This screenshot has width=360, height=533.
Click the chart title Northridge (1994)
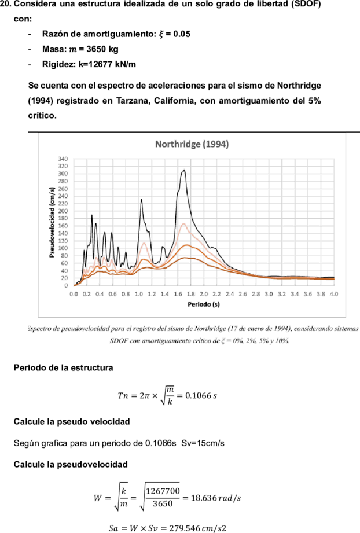192,144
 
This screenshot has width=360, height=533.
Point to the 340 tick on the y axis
63,159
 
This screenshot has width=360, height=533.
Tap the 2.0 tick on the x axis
204,294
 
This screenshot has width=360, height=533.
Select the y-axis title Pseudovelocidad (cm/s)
52,222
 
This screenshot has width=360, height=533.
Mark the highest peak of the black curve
184,170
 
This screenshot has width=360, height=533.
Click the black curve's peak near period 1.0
141,199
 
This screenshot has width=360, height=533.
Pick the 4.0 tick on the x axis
334,294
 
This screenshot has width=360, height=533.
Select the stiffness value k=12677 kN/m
107,64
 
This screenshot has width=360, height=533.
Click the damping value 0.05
182,34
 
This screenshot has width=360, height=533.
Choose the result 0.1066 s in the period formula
201,395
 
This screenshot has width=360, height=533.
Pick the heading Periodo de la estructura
63,368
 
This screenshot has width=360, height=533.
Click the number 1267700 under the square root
163,491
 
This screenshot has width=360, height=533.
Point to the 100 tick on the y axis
63,248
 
